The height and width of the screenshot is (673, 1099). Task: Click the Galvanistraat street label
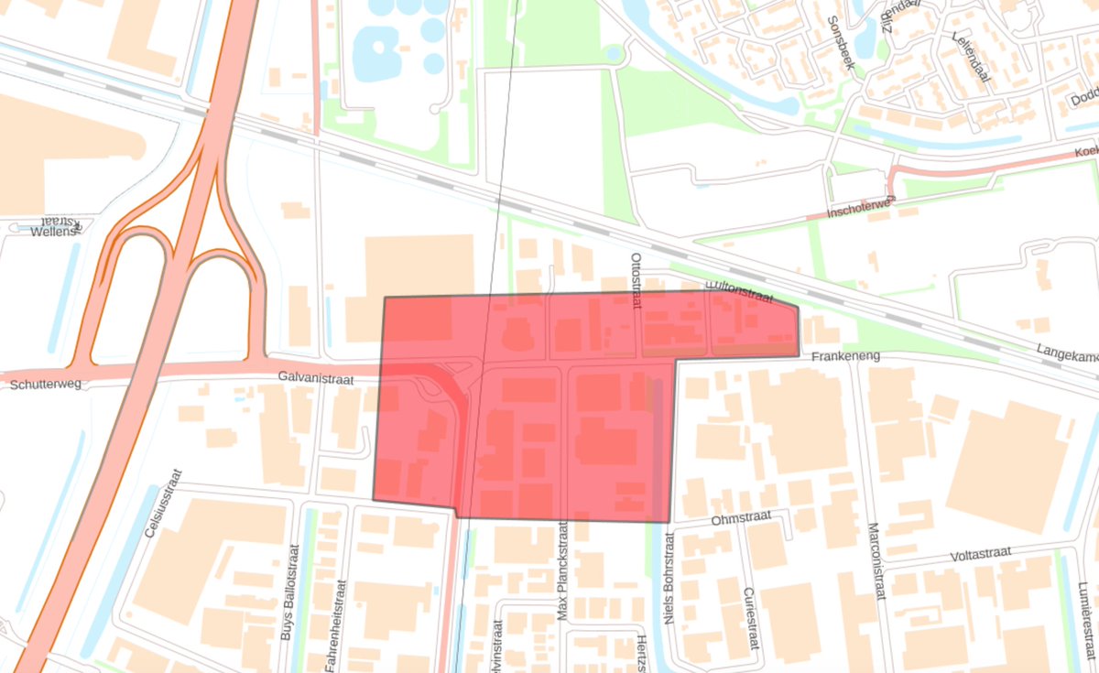point(318,376)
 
